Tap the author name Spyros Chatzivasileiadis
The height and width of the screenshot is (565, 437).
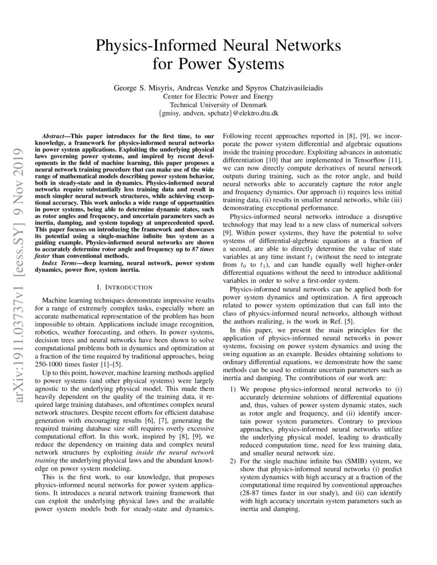click(x=280, y=88)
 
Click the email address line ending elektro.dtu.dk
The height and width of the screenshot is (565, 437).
click(x=218, y=113)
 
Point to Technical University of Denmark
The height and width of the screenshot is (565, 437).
click(x=218, y=105)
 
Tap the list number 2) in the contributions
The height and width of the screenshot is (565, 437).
click(x=233, y=461)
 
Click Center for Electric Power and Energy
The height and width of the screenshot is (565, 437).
click(x=218, y=97)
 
